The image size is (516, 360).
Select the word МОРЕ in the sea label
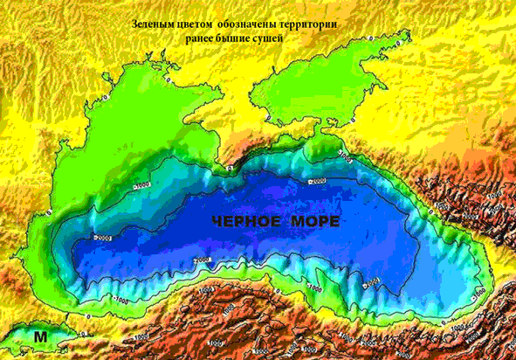(x=311, y=223)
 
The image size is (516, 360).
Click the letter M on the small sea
(x=40, y=335)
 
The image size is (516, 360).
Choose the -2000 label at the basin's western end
(x=102, y=238)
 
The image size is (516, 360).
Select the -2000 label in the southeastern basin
(x=369, y=281)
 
